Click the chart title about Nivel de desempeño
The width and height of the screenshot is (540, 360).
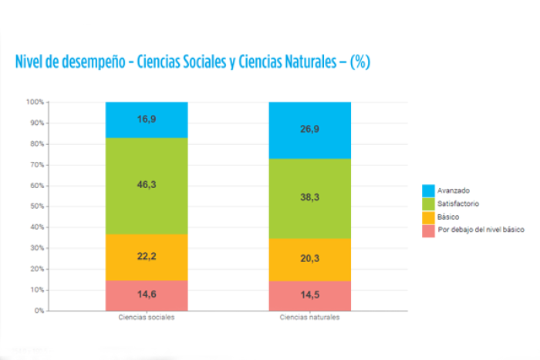click(x=193, y=62)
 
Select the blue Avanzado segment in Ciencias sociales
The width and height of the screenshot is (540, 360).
click(x=147, y=119)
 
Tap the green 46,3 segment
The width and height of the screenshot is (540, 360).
click(x=147, y=187)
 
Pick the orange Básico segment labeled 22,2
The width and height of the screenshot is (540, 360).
click(x=147, y=257)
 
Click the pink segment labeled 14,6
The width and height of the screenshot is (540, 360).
click(x=147, y=296)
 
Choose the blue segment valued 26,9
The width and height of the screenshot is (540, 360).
click(x=310, y=130)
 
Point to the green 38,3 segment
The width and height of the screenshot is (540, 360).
click(x=310, y=199)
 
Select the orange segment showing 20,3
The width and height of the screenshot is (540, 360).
click(x=310, y=260)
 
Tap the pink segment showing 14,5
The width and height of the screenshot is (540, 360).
click(x=310, y=296)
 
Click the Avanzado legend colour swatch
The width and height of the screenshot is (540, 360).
click(x=428, y=190)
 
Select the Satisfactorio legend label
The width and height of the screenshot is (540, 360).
click(x=458, y=204)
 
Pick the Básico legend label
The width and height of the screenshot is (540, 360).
click(x=448, y=217)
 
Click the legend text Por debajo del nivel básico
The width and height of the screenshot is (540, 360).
click(x=481, y=230)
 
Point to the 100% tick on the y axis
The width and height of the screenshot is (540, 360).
click(x=35, y=102)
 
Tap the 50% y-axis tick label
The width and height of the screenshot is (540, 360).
click(x=37, y=206)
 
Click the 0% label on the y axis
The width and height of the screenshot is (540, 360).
click(x=39, y=311)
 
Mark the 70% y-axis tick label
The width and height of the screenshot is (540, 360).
click(x=37, y=165)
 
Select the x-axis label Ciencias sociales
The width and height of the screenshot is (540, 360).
click(x=147, y=318)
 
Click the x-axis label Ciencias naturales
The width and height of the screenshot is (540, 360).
click(x=309, y=318)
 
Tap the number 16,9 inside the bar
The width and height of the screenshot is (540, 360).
click(x=147, y=119)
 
